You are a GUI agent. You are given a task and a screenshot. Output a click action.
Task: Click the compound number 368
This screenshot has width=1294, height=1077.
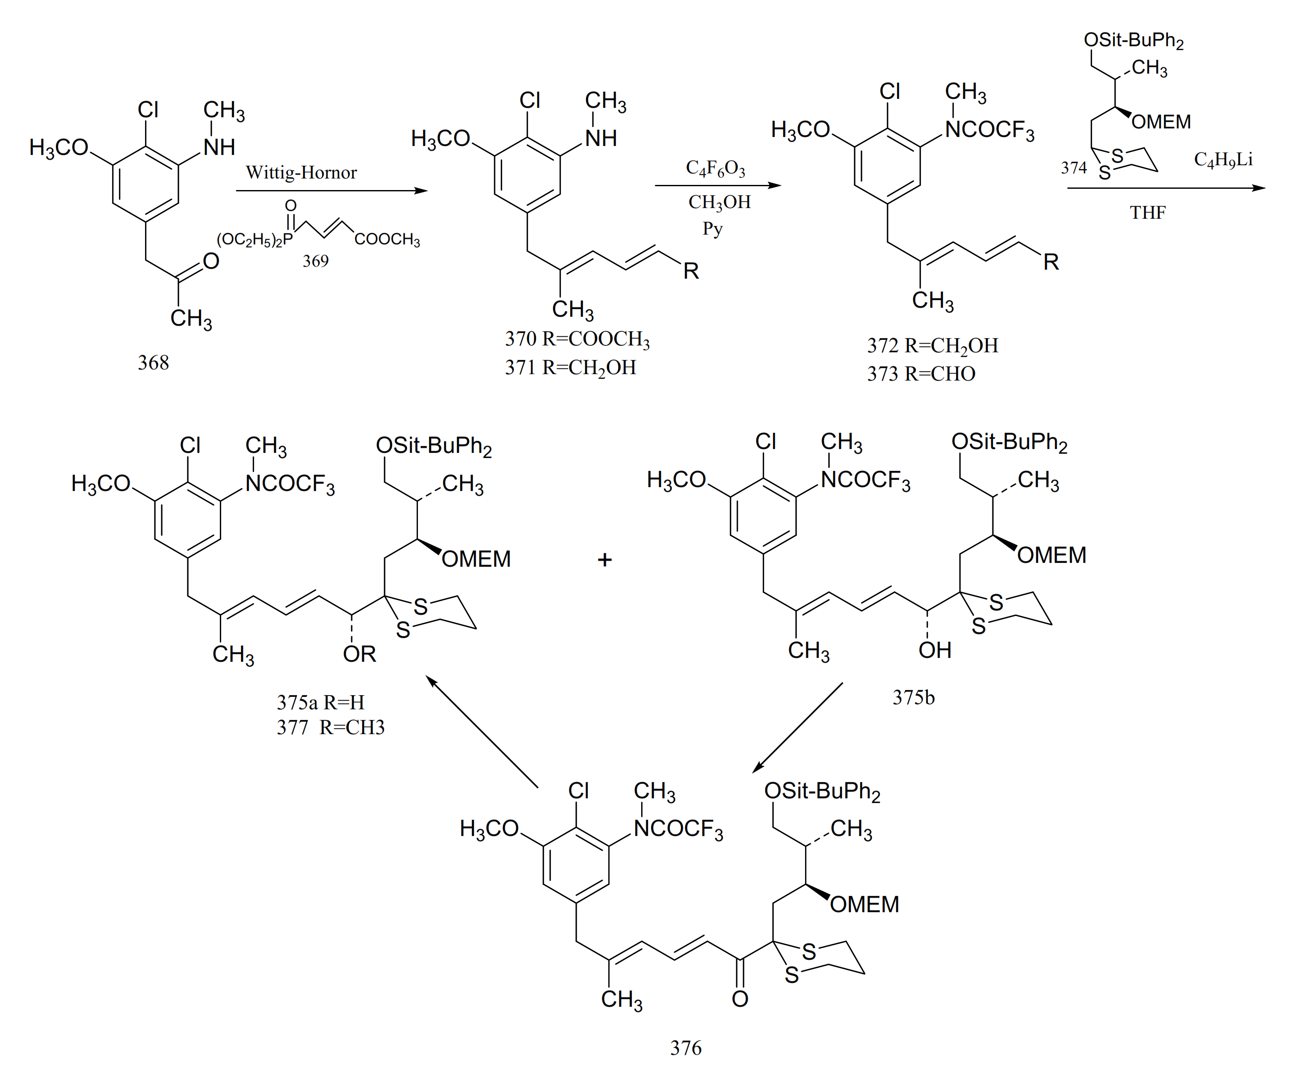pyautogui.click(x=153, y=363)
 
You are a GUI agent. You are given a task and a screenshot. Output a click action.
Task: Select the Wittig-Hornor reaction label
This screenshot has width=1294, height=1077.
pyautogui.click(x=301, y=173)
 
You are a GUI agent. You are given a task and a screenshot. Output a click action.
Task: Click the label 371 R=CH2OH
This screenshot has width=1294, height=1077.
pyautogui.click(x=570, y=367)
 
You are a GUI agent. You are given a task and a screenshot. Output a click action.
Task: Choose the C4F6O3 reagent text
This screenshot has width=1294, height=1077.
pyautogui.click(x=715, y=168)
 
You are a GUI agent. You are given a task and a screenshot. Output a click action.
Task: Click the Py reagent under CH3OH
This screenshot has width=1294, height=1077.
pyautogui.click(x=712, y=229)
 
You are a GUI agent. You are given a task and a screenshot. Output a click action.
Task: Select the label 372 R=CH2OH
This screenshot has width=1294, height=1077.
pyautogui.click(x=932, y=346)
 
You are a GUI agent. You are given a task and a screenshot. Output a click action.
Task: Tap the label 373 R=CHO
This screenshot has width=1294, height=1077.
pyautogui.click(x=921, y=374)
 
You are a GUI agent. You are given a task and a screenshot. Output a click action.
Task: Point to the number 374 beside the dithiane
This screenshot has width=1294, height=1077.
pyautogui.click(x=1073, y=168)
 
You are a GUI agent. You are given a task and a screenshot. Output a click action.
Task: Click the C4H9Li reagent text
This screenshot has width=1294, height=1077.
pyautogui.click(x=1223, y=160)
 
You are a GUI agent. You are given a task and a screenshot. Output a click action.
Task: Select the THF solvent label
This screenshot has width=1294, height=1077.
pyautogui.click(x=1147, y=213)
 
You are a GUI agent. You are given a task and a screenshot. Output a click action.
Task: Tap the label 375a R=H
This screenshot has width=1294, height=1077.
pyautogui.click(x=320, y=702)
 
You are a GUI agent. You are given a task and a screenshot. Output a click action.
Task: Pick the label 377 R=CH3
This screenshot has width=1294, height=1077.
pyautogui.click(x=330, y=727)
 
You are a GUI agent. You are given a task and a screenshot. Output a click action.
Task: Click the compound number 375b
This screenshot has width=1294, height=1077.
pyautogui.click(x=913, y=697)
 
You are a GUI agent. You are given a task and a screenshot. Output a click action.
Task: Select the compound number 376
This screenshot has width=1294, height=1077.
pyautogui.click(x=686, y=1048)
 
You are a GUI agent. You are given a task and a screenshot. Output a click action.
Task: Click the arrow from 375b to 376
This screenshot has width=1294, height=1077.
pyautogui.click(x=797, y=727)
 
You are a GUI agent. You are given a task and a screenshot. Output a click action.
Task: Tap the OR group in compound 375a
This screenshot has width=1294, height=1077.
pyautogui.click(x=359, y=654)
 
